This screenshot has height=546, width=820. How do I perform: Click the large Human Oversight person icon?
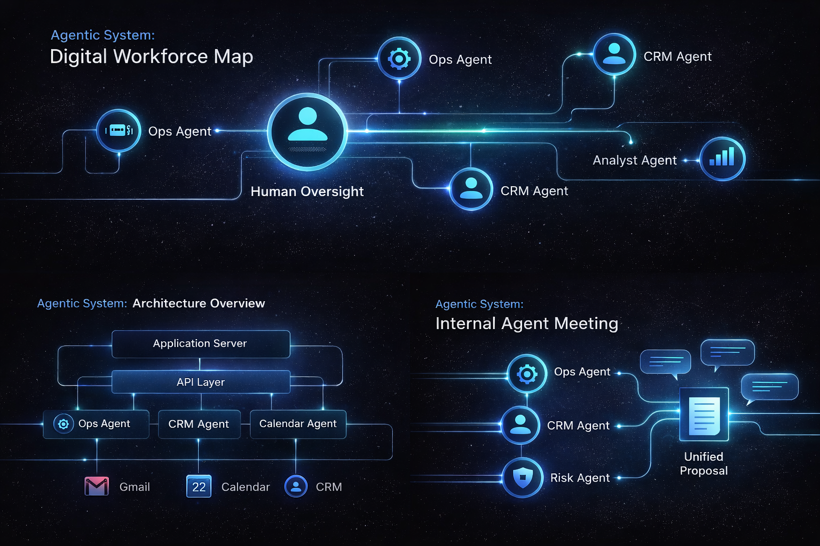307,132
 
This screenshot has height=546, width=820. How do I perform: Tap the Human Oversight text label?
307,191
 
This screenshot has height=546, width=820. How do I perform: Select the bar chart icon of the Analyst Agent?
722,158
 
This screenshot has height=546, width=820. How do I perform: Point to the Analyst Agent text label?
634,160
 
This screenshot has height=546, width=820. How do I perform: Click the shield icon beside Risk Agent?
523,477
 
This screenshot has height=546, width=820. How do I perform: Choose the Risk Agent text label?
580,478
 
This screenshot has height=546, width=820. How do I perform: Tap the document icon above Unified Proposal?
704,414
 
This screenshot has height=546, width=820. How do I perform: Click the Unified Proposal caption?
704,463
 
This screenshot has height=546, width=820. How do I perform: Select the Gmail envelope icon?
97,486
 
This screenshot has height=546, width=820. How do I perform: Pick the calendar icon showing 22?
199,486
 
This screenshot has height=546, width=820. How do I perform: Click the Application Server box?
201,344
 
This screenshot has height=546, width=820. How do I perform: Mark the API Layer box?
201,382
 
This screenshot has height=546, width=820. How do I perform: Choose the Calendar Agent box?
298,424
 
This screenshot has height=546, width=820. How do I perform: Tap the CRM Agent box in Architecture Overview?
199,424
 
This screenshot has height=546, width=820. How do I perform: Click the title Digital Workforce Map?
151,57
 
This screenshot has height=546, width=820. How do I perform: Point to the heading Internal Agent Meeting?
526,324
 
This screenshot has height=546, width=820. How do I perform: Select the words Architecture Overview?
199,303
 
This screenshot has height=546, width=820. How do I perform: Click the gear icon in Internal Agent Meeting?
527,374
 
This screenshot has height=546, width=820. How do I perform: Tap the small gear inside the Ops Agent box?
64,424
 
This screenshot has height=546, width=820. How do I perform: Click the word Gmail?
135,487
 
